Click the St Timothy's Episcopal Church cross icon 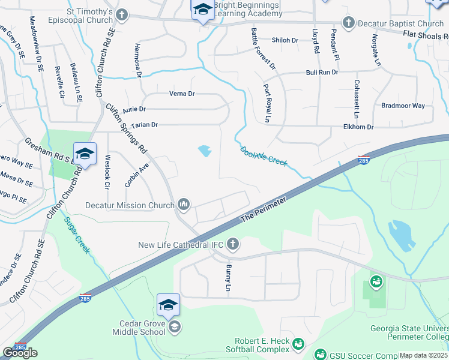coord(122,14)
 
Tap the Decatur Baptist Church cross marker coord(348,23)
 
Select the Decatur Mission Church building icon coord(184,206)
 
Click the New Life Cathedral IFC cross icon coord(233,244)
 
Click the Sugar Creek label coord(77,236)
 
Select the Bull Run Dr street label coord(322,72)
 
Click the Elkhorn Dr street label coord(358,127)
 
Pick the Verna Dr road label coord(182,94)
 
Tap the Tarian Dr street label coord(144,125)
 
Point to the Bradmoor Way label coord(403,106)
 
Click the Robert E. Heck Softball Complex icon coord(299,343)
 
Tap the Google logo coord(20,353)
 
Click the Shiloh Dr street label coord(285,40)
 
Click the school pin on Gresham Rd coord(85,154)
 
